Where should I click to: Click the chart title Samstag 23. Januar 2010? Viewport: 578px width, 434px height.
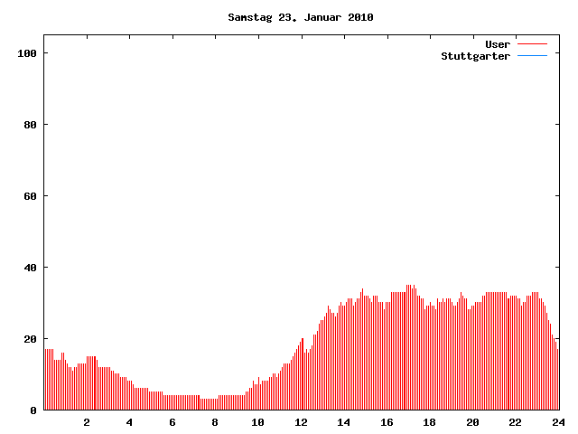coord(301,17)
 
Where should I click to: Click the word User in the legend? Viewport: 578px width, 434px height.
coord(498,43)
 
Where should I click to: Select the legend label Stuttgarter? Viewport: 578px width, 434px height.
coord(475,56)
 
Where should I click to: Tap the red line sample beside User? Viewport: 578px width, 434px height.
coord(532,43)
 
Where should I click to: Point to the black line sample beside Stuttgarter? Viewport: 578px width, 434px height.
coord(532,56)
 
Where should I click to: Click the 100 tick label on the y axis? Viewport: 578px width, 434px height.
coord(27,53)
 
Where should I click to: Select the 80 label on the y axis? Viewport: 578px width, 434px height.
coord(30,125)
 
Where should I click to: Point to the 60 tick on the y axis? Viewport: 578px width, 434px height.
coord(30,196)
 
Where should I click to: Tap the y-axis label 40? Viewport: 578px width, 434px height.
coord(30,268)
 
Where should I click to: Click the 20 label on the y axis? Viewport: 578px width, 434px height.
coord(30,339)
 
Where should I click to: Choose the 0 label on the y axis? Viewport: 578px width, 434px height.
coord(33,410)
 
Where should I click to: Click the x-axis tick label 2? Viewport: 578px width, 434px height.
coord(87,422)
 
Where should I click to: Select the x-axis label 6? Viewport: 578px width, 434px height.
coord(172,422)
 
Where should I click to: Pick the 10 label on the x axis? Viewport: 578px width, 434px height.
coord(258,422)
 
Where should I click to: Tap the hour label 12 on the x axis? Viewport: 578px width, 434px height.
coord(301,422)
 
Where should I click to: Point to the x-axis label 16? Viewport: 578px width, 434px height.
coord(387,422)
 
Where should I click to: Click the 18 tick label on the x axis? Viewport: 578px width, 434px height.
coord(429,422)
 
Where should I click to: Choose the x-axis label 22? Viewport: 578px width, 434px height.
coord(515,422)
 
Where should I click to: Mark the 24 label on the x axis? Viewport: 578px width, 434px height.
coord(557,422)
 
